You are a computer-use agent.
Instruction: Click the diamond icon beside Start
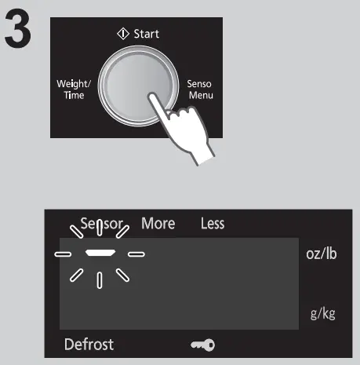[x=122, y=34]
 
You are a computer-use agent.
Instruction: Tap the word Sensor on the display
[x=101, y=224]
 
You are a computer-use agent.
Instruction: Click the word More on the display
[x=158, y=224]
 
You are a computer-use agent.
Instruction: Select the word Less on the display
[x=212, y=224]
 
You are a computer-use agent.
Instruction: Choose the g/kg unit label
[x=323, y=314]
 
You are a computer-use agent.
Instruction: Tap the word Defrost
[x=89, y=344]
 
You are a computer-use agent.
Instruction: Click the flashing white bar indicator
[x=100, y=254]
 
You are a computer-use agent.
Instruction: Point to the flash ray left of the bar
[x=64, y=254]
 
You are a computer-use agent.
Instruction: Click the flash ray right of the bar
[x=136, y=254]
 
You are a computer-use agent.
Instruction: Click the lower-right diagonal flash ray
[x=123, y=275]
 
